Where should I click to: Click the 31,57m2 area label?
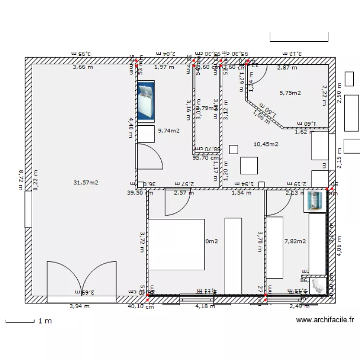click(x=86, y=182)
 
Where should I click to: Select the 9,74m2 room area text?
click(x=169, y=130)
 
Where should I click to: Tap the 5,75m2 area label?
click(x=290, y=93)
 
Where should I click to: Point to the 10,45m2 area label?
click(x=266, y=144)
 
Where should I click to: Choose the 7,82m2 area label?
click(x=295, y=241)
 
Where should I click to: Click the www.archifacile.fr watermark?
click(x=325, y=320)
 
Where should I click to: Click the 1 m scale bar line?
click(x=20, y=321)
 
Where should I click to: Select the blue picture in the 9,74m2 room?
click(x=145, y=100)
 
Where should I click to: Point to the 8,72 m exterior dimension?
click(x=21, y=180)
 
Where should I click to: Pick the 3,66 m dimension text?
click(x=83, y=68)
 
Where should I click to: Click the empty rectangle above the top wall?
click(x=299, y=36)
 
